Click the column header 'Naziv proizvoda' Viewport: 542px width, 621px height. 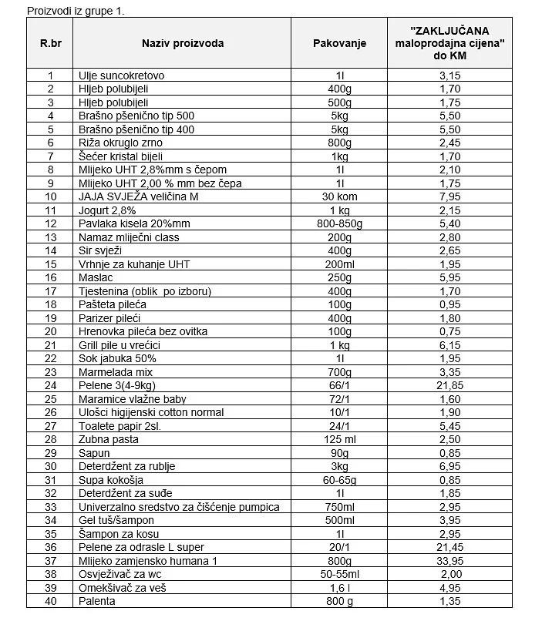183,43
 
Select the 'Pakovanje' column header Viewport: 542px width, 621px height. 339,43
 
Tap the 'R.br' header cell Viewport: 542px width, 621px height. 50,43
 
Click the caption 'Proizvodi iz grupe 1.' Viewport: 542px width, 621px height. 76,12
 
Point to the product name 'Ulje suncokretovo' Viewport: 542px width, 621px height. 121,76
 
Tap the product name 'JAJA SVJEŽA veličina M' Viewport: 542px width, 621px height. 138,196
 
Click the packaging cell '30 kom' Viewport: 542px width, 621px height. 339,196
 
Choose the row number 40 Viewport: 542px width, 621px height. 51,601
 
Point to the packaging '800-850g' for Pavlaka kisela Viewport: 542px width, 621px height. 339,223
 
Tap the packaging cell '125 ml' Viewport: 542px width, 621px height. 339,439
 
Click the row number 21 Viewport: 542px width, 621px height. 51,345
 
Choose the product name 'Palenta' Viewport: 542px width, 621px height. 97,601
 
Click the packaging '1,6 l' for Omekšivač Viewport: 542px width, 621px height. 339,587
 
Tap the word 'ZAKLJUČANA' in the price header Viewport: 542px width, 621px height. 449,32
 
